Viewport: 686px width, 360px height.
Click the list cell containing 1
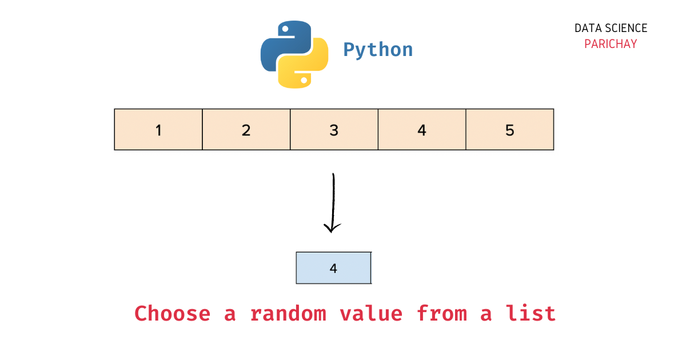158,130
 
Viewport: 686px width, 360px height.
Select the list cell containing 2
246,130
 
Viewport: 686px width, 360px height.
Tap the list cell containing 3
334,130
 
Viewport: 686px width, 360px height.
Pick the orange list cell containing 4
422,130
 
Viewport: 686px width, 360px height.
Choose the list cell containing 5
510,130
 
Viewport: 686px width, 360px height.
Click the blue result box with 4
334,268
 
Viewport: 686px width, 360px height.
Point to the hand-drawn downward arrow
333,200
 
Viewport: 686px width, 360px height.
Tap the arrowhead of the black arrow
332,228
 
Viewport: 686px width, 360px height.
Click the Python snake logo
294,55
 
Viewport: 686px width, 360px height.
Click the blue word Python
378,50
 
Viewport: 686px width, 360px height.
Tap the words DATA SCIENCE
611,29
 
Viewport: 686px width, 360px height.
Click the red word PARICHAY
611,44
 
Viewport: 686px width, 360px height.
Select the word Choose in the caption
172,314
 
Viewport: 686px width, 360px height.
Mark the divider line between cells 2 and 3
290,130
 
